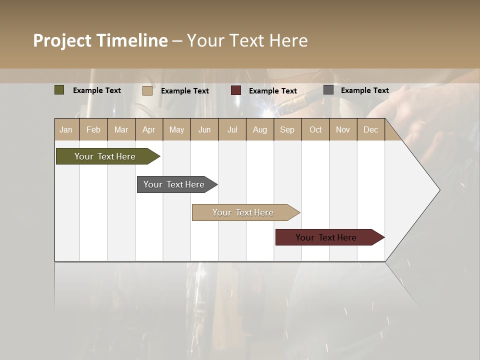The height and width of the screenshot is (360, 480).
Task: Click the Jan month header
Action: (x=66, y=129)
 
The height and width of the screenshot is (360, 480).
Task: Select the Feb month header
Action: (x=93, y=129)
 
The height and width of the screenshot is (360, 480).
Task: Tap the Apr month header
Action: (x=148, y=129)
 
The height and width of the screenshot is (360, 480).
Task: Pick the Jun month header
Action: (x=204, y=129)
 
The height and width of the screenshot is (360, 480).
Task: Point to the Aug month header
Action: (x=259, y=129)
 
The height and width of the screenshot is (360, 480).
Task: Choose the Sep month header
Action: (x=287, y=129)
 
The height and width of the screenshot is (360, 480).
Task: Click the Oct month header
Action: (x=315, y=129)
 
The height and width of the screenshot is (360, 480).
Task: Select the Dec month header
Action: (x=370, y=129)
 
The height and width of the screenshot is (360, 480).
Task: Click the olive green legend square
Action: (x=59, y=90)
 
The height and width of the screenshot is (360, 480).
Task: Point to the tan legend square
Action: (x=147, y=90)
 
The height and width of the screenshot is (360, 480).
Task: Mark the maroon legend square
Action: (x=235, y=90)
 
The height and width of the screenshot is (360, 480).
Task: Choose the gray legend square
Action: (x=328, y=90)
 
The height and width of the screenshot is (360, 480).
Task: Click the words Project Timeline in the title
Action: (x=100, y=40)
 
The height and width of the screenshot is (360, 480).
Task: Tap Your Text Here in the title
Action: (x=247, y=40)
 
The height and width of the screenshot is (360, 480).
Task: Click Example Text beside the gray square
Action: (x=364, y=90)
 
